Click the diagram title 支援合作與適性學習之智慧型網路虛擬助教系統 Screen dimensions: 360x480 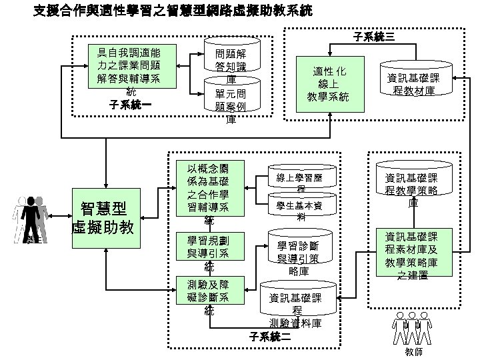(x=171, y=11)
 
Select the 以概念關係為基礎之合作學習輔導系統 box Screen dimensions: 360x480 (x=208, y=189)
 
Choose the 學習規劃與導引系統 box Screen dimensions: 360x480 (x=208, y=251)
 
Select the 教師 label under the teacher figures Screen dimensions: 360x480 (x=413, y=351)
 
